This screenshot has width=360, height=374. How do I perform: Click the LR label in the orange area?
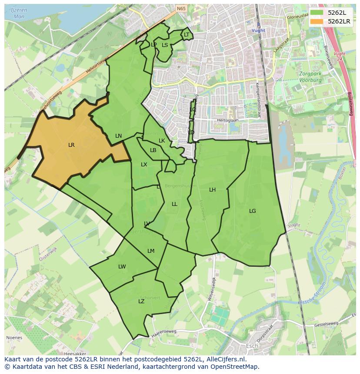point(71,145)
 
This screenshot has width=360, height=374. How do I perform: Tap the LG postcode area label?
point(252,211)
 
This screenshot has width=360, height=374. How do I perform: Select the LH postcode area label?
point(212,190)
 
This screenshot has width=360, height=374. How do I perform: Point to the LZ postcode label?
point(141,301)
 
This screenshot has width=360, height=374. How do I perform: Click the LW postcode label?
point(122,267)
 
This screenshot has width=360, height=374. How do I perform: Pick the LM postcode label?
point(151,251)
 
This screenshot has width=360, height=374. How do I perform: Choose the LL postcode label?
point(174,204)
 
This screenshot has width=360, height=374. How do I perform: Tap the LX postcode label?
point(144,165)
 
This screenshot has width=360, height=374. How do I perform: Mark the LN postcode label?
point(118,136)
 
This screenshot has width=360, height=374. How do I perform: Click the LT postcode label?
point(187,35)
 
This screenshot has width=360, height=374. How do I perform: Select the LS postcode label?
point(165,45)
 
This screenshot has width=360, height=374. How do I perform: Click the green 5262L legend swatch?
point(317,13)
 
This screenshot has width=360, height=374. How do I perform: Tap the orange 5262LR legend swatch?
point(317,21)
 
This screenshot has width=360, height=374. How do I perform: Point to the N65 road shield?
point(181,8)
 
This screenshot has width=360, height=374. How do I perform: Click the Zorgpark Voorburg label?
point(310,77)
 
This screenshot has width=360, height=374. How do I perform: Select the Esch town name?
point(252,346)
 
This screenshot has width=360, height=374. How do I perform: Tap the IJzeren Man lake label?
point(19,13)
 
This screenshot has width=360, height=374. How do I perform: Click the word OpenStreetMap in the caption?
point(234,367)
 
